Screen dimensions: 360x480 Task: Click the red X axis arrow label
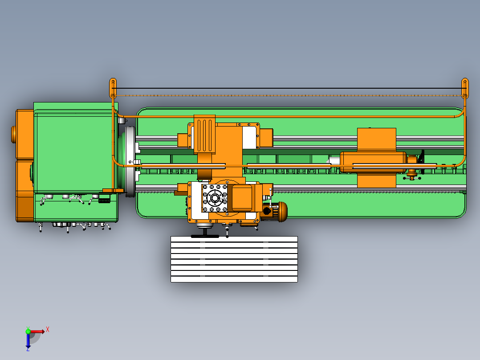point(48,329)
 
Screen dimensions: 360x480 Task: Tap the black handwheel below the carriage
point(205,236)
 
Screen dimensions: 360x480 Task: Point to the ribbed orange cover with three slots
point(204,134)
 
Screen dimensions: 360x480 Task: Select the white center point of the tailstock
point(334,160)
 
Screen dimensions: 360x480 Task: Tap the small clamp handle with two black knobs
point(412,178)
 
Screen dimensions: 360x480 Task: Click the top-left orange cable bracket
point(113,88)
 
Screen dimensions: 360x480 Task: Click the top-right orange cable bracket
point(465,88)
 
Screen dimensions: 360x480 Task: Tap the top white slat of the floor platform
point(234,239)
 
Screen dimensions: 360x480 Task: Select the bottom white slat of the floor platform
point(234,279)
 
